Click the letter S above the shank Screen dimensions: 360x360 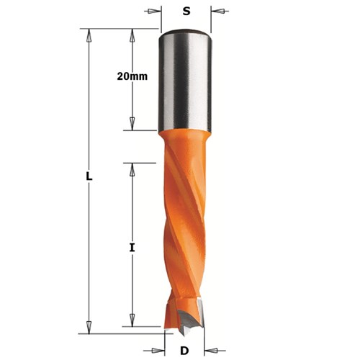[x=185, y=11]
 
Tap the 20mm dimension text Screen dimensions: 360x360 [x=132, y=76]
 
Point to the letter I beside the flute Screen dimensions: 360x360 [x=131, y=248]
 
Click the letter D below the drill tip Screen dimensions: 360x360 [x=185, y=351]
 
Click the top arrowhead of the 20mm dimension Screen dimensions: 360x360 [x=132, y=33]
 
